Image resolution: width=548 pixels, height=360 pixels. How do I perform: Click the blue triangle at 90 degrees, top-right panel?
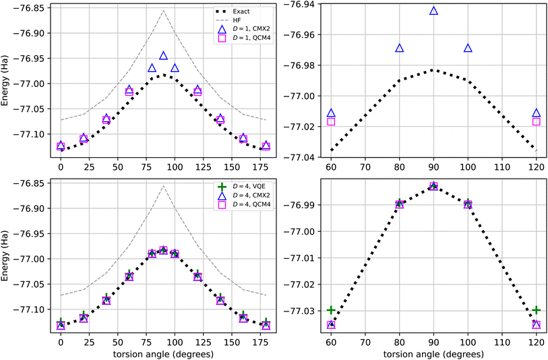pos(433,11)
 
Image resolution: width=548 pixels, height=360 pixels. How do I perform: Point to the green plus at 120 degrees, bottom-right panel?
pos(537,310)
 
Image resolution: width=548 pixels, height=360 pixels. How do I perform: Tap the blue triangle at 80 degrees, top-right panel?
pos(399,49)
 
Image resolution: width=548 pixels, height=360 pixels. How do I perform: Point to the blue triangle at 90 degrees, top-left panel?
pos(163,56)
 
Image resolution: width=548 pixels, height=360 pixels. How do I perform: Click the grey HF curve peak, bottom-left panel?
pos(163,186)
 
